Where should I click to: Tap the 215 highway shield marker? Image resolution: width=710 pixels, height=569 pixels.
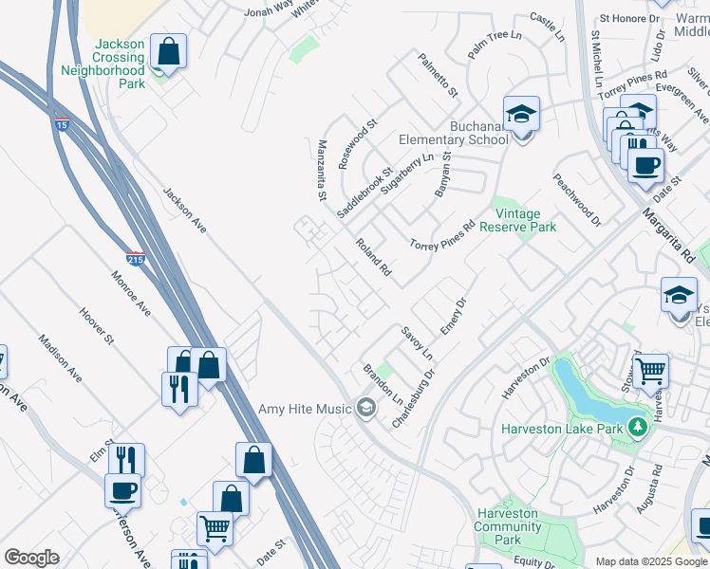[136, 258]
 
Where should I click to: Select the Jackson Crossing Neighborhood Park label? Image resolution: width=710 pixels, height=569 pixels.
[103, 64]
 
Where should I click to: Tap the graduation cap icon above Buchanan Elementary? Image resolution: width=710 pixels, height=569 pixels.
[520, 114]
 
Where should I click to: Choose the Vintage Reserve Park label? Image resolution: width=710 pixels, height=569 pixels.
[518, 220]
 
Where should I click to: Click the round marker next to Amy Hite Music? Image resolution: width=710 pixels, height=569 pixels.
[364, 410]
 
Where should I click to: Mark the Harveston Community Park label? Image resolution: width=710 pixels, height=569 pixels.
[508, 526]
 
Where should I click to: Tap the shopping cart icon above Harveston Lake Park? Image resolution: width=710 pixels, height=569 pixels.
[649, 370]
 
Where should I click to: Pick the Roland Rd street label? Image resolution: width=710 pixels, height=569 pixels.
[373, 257]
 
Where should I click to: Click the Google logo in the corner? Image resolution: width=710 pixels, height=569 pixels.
[31, 558]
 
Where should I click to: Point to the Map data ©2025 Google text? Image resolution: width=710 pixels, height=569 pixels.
[650, 561]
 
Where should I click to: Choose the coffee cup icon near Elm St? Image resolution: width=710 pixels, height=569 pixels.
[121, 490]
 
